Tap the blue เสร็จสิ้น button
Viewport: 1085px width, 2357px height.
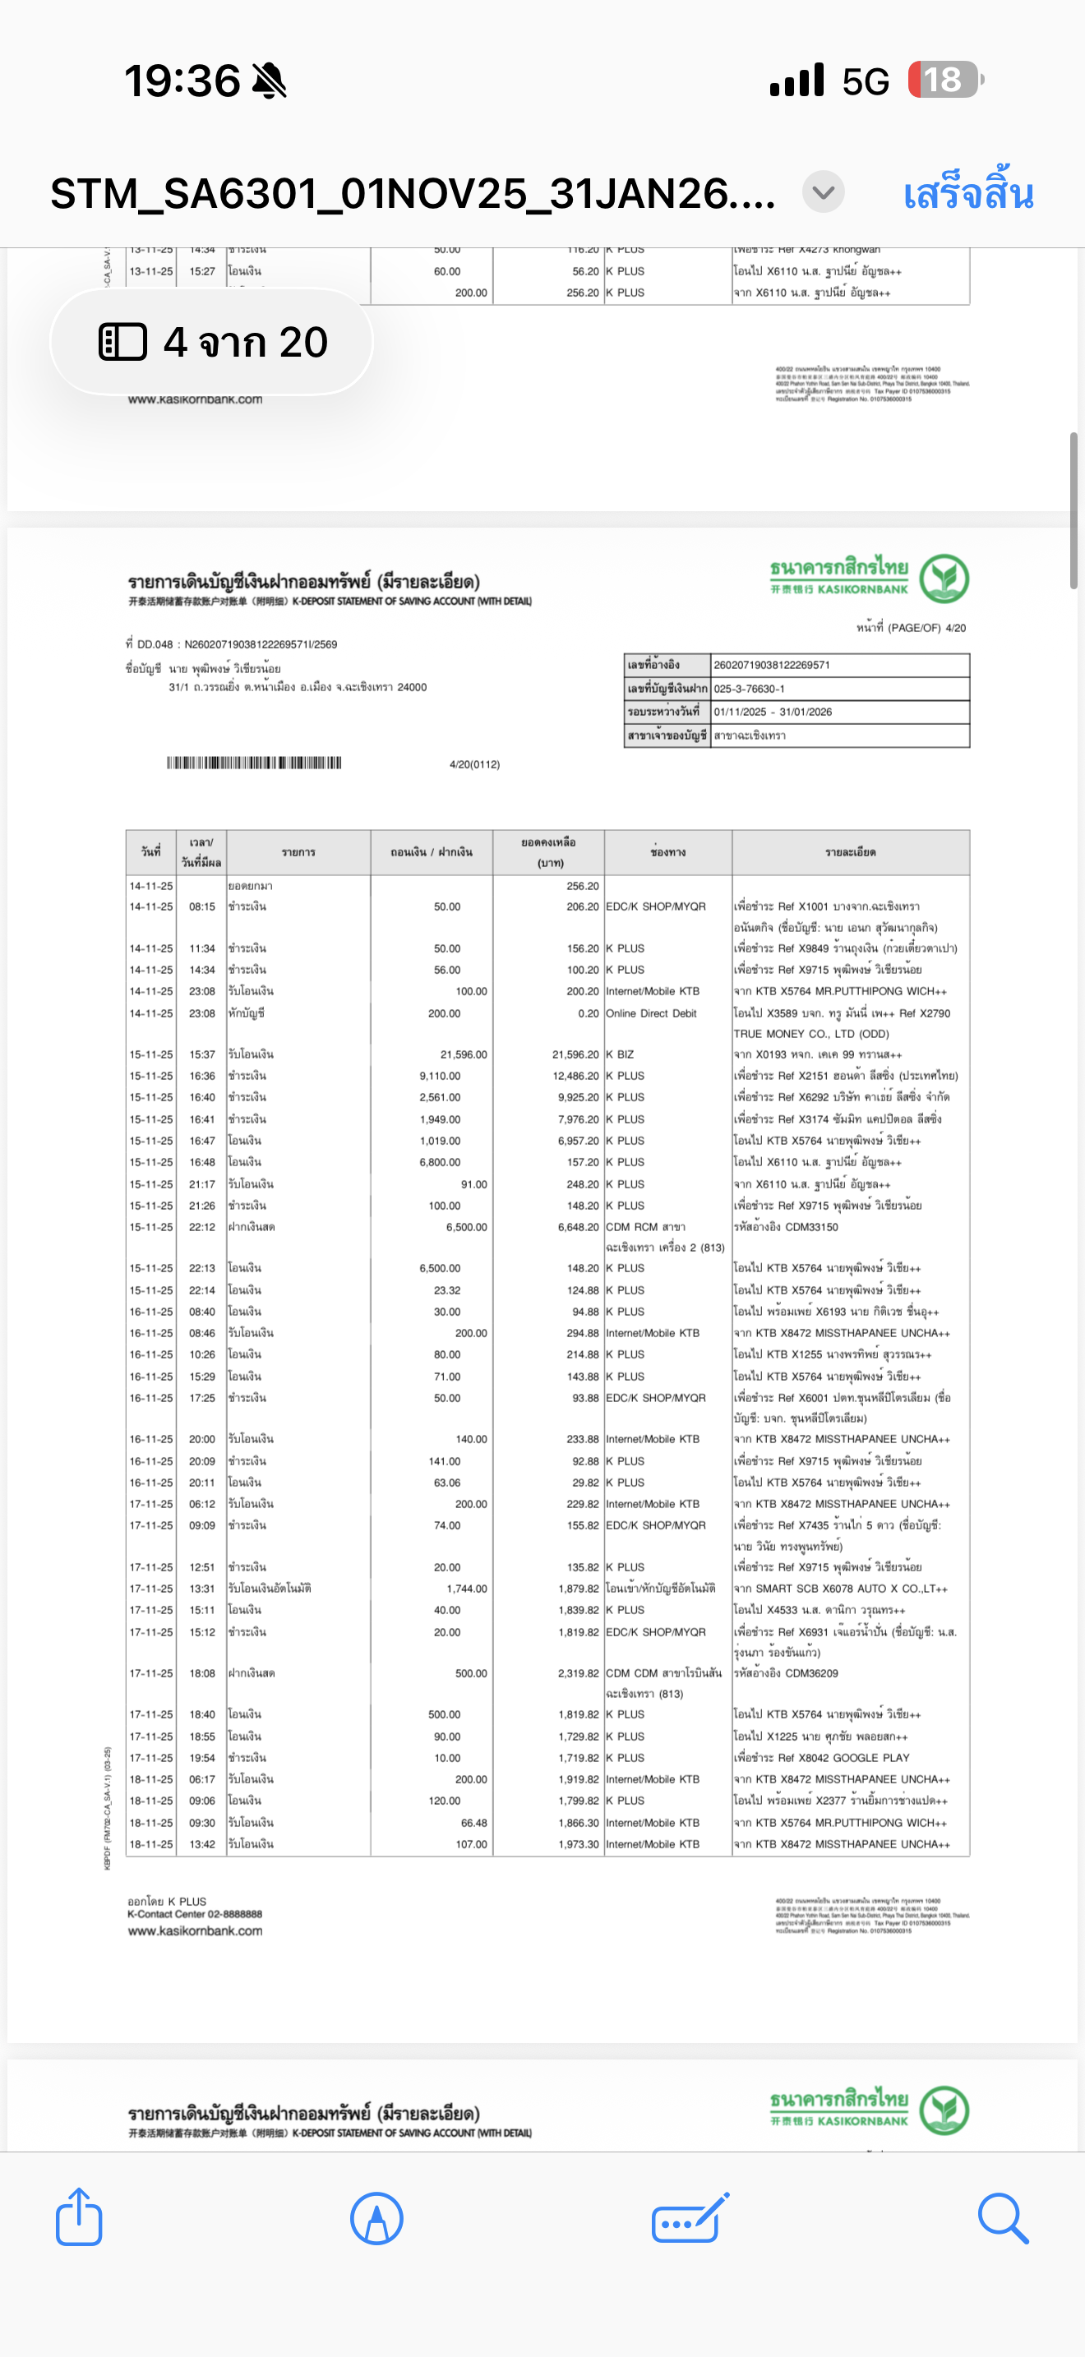click(x=968, y=194)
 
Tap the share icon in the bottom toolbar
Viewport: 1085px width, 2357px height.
click(x=79, y=2217)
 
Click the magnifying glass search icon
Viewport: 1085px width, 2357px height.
click(x=1003, y=2217)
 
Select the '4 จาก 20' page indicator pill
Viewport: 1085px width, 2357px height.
click(x=212, y=342)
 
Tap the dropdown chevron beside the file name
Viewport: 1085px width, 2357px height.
click(x=824, y=193)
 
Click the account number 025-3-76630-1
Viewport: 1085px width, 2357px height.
click(x=750, y=689)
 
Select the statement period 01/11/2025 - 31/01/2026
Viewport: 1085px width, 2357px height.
click(x=773, y=712)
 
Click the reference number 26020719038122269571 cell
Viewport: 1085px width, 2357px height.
click(x=771, y=665)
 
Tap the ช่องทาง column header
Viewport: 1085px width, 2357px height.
click(x=667, y=852)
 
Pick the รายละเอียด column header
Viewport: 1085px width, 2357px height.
click(x=850, y=852)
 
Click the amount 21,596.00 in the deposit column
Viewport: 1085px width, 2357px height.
click(x=464, y=1054)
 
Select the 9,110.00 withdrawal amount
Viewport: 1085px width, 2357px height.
click(x=440, y=1076)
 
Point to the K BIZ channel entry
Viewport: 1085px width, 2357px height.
click(x=621, y=1054)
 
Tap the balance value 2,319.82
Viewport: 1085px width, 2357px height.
click(x=578, y=1672)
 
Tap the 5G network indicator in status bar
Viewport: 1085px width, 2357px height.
click(x=866, y=81)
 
